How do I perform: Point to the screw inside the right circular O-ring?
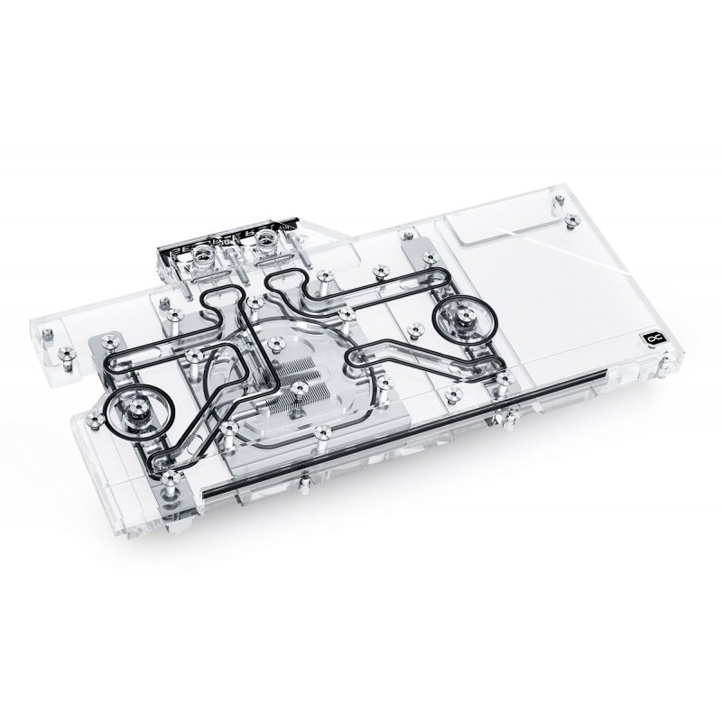[467, 317]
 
